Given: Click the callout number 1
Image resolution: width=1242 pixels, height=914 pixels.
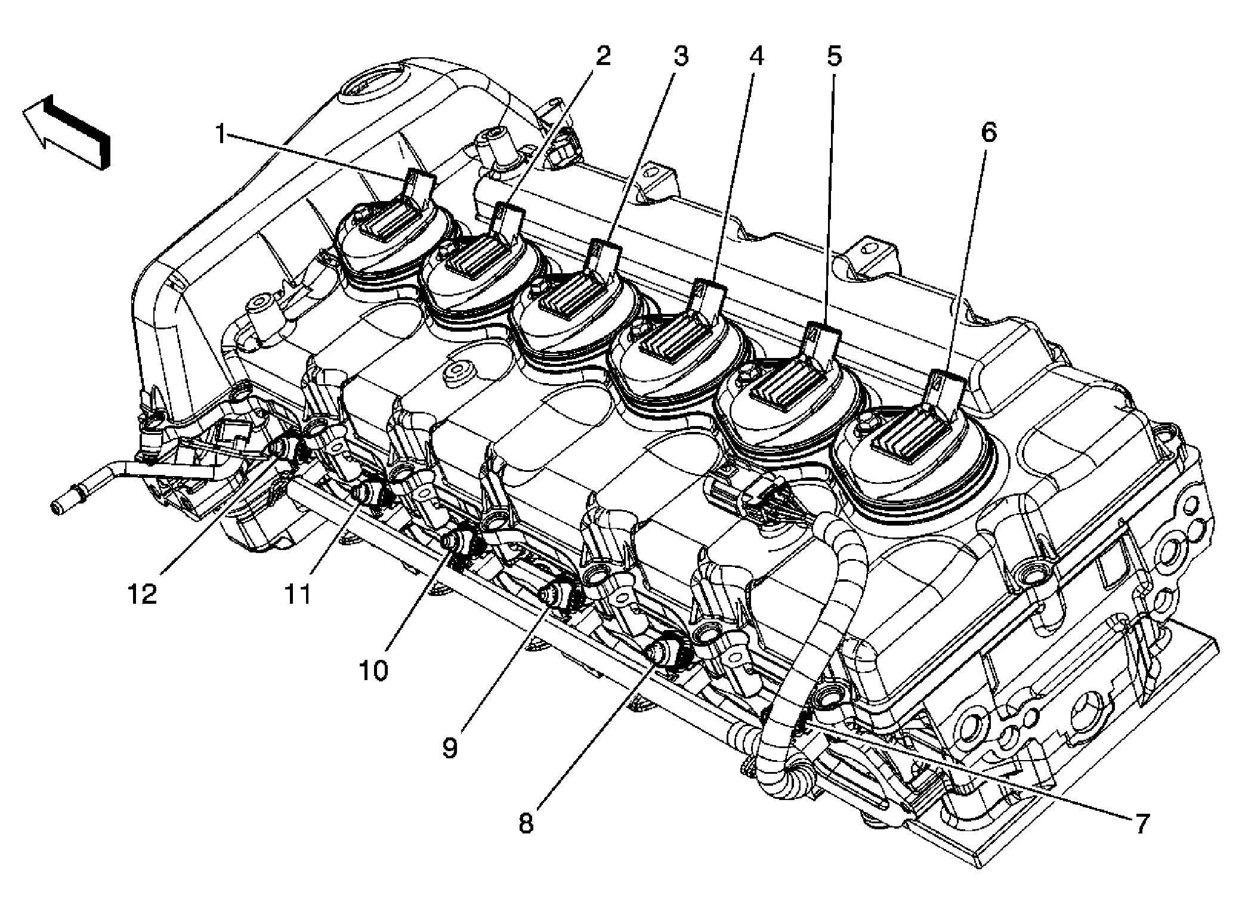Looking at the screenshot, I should pos(221,135).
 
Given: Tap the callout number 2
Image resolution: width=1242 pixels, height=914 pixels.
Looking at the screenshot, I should pos(603,57).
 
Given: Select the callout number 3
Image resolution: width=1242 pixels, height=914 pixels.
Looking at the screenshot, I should pos(681,57).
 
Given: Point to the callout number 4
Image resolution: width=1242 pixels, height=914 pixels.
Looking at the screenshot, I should pos(756,57).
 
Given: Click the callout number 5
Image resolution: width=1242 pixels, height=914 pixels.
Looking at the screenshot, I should pos(833,57).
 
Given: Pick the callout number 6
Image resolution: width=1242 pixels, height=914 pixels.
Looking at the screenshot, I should pos(988,132).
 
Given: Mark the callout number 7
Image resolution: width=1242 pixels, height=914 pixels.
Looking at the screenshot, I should pos(1140,825).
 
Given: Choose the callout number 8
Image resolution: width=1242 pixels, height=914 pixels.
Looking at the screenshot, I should pos(526,825).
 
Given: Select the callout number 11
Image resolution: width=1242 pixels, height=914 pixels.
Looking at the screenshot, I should pos(296,594).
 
